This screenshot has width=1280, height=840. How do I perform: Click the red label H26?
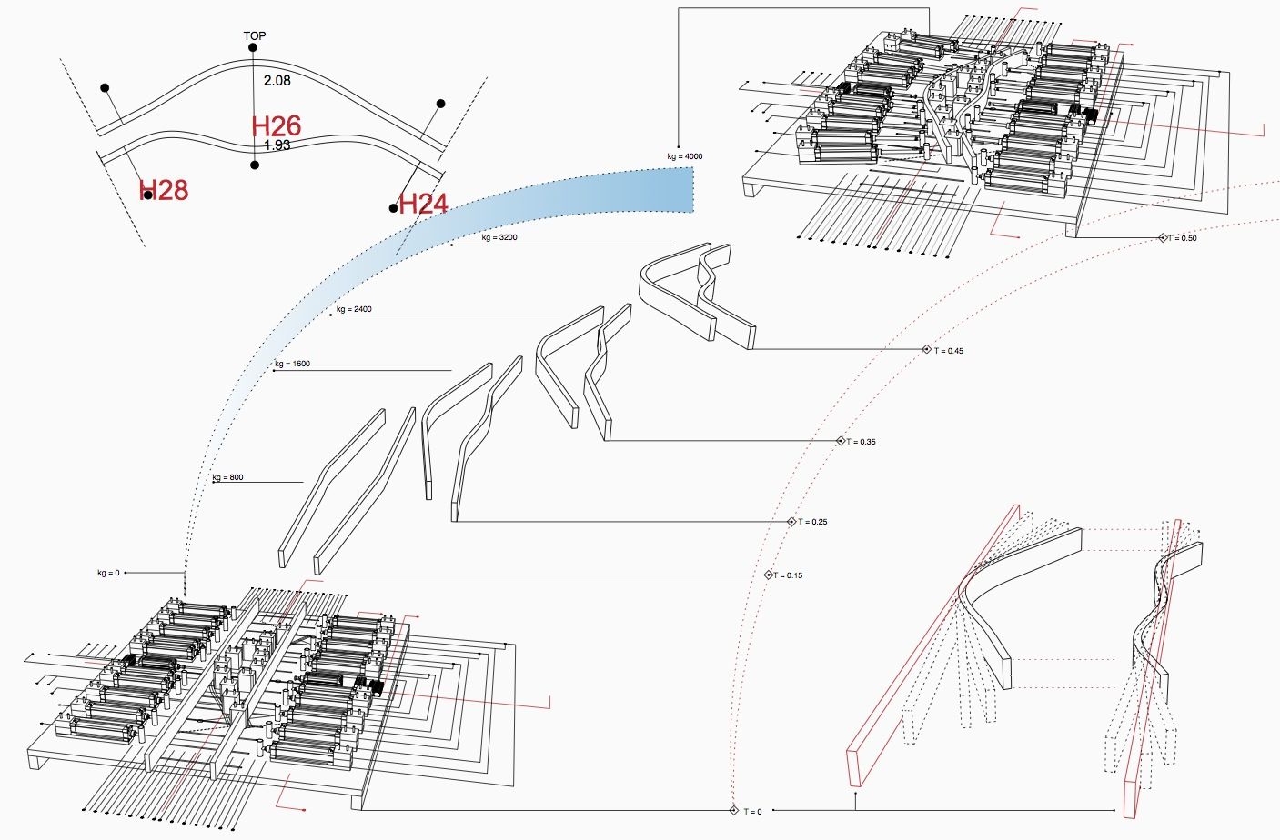[277, 126]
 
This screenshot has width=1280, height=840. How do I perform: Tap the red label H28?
[165, 190]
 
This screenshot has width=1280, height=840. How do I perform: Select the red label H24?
[424, 204]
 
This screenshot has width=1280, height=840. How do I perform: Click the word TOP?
[255, 36]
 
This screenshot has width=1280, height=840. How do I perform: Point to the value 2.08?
[277, 80]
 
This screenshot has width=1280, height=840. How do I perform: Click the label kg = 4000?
[685, 156]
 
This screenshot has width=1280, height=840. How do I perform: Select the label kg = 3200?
[499, 237]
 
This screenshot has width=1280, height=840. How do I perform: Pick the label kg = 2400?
[354, 309]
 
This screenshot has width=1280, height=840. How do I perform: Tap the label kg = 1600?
[292, 364]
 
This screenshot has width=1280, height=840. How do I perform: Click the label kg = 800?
[227, 477]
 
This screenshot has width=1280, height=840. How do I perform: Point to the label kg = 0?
[108, 573]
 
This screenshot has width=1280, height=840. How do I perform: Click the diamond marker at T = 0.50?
[1162, 238]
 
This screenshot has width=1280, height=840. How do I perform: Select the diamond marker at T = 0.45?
[926, 350]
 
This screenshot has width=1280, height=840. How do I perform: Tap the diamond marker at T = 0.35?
[841, 441]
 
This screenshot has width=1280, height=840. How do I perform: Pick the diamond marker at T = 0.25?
[791, 522]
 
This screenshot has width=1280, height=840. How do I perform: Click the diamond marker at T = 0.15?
[768, 575]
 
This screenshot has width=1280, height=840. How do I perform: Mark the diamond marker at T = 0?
[733, 811]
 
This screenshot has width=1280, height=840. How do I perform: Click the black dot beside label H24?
[393, 208]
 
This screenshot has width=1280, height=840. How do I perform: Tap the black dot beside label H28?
[147, 195]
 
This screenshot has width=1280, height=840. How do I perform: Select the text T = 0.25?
[813, 522]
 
